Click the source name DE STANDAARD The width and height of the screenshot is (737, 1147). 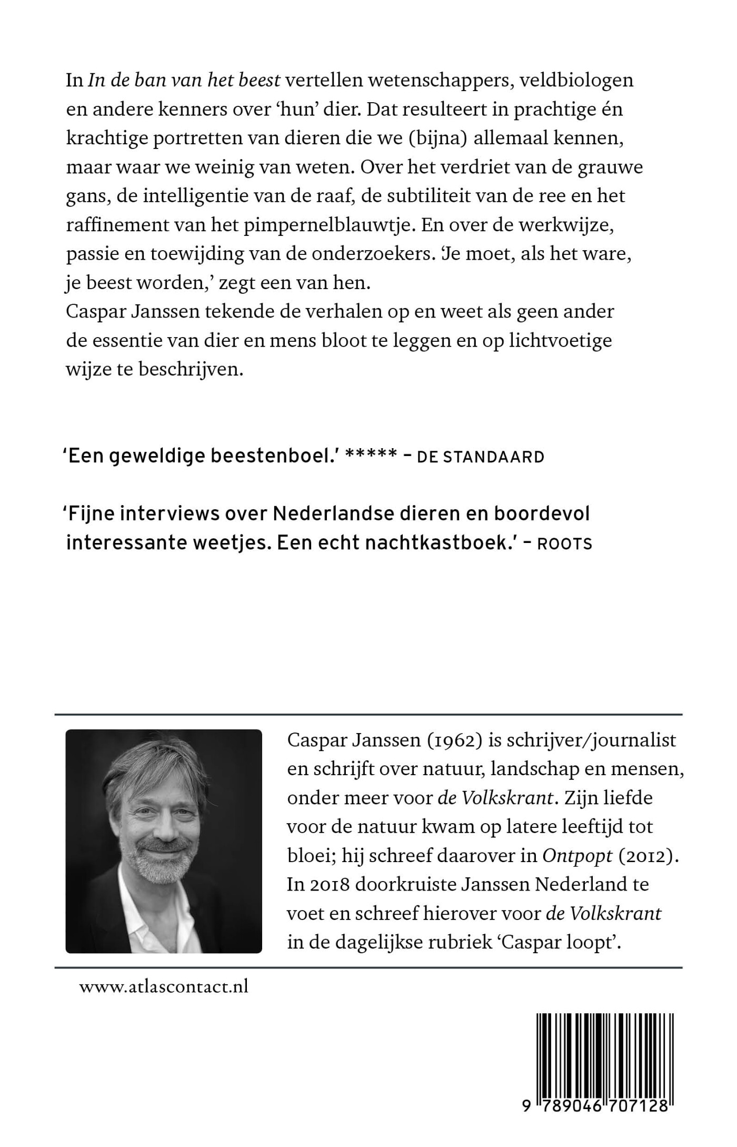pos(480,458)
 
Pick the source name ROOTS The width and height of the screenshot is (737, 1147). pos(565,544)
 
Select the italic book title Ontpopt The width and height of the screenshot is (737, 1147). pos(577,855)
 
